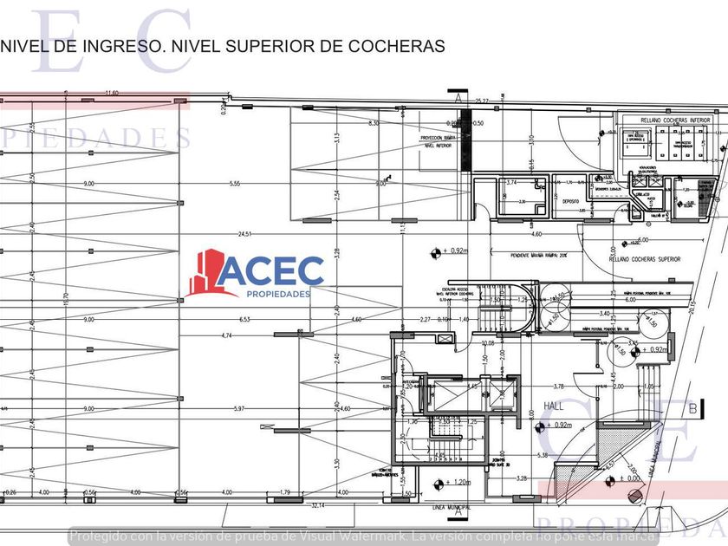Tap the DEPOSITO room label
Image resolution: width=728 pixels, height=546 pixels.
tap(569, 200)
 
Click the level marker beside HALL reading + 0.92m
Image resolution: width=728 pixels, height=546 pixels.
tap(541, 426)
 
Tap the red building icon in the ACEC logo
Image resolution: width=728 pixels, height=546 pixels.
tap(207, 274)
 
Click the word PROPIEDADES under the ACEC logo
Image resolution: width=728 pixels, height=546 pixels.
tap(273, 295)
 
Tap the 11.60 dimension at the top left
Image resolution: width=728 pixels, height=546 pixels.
tap(110, 92)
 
